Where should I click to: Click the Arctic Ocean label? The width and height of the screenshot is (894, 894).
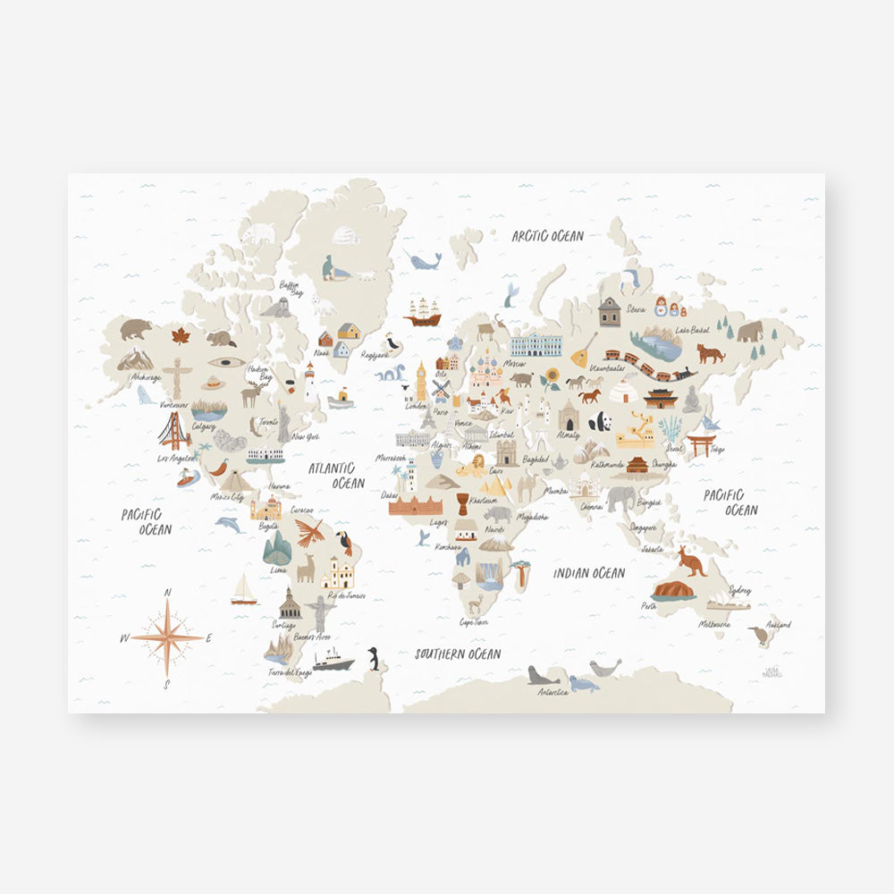tap(547, 236)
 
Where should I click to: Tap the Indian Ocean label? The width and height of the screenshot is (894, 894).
tap(588, 573)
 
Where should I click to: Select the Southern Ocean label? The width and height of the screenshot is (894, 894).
tap(458, 654)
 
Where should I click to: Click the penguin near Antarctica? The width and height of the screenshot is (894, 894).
tap(374, 659)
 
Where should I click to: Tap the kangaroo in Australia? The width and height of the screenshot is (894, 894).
tap(691, 561)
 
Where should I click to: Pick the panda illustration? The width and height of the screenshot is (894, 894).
tap(600, 420)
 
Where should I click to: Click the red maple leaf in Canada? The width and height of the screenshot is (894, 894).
tap(181, 336)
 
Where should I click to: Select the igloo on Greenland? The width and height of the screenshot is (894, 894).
tap(345, 235)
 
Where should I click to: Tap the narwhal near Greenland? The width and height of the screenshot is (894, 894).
tap(424, 260)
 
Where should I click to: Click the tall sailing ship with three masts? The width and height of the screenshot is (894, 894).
tap(423, 311)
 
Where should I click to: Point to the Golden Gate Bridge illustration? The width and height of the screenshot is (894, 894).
tap(174, 432)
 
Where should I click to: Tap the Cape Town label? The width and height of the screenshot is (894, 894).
tap(474, 621)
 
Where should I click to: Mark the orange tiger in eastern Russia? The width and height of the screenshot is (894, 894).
tap(711, 353)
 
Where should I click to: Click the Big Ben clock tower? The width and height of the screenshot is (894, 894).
tap(421, 382)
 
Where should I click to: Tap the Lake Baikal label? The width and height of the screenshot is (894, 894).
tap(694, 331)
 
